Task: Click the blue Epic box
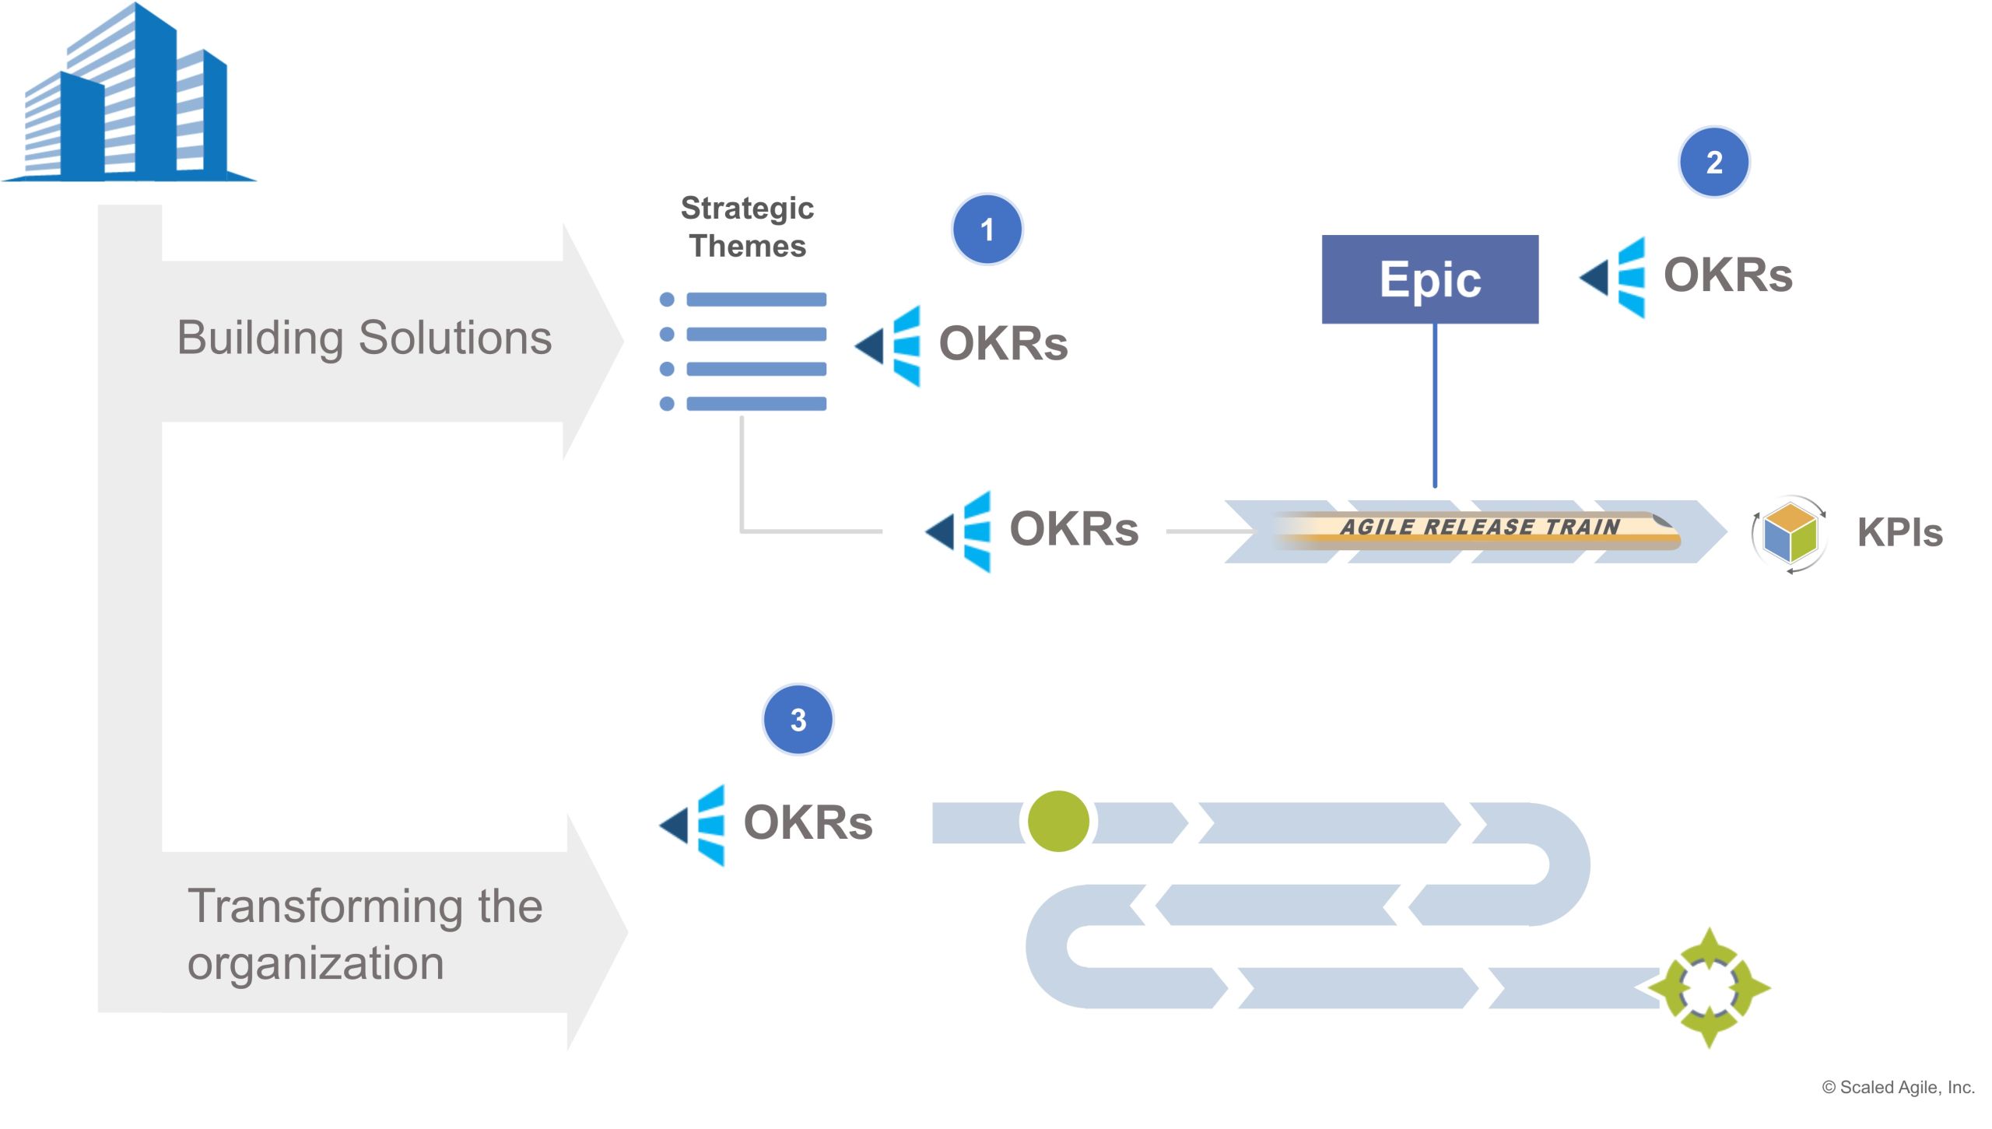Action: tap(1429, 279)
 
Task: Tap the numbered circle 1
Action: tap(987, 230)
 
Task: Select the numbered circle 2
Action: tap(1713, 162)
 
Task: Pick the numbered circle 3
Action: tap(798, 720)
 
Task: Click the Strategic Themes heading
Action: tap(747, 226)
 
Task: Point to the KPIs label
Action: tap(1899, 533)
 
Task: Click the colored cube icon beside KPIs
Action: tap(1790, 534)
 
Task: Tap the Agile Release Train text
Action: tap(1479, 527)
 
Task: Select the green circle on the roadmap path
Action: tap(1057, 821)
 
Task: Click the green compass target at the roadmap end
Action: tap(1709, 987)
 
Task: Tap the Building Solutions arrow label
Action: tap(364, 338)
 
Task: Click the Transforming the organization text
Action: tap(365, 934)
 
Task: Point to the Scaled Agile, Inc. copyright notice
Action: tap(1899, 1087)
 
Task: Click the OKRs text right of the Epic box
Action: tap(1727, 275)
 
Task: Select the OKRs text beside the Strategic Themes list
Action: tap(1003, 343)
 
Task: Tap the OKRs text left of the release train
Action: tap(1074, 528)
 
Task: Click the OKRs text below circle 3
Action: tap(808, 822)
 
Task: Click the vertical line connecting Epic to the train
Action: tap(1435, 405)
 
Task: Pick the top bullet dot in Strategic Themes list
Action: tap(667, 300)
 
